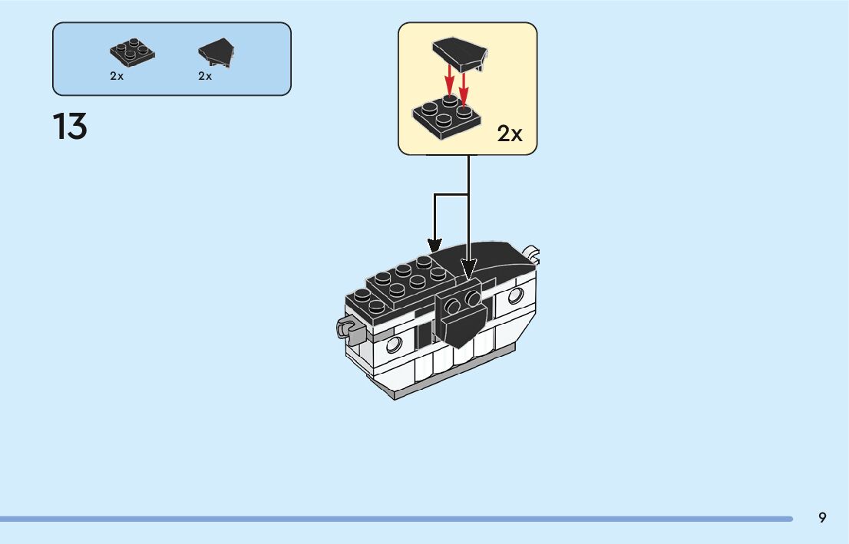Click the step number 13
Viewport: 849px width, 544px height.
(70, 127)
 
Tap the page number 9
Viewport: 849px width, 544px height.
(822, 517)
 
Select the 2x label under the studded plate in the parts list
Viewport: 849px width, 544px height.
(117, 76)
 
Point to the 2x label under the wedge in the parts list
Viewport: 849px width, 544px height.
(205, 76)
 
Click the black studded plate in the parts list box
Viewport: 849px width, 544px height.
(132, 53)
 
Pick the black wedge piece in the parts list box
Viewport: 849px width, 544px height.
(216, 51)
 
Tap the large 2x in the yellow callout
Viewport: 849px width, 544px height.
(510, 134)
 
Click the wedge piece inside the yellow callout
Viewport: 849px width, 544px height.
(459, 54)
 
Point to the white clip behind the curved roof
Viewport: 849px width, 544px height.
(533, 252)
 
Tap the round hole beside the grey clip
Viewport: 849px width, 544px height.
(395, 342)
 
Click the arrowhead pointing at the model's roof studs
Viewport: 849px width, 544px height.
(435, 245)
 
